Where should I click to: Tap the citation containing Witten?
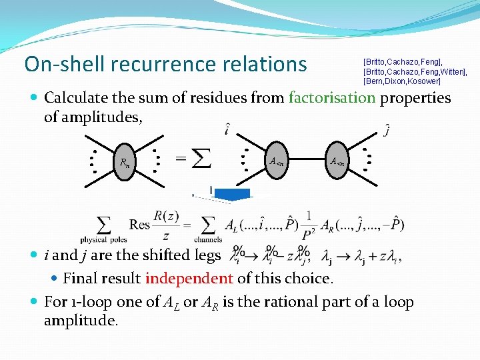pos(415,71)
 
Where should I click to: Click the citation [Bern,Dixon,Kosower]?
pos(401,81)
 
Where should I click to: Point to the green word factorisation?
pos(332,98)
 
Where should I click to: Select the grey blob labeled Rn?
pos(125,161)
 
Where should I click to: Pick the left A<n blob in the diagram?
pos(277,160)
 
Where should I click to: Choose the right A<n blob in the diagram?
pos(337,160)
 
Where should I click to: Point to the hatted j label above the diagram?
pos(387,131)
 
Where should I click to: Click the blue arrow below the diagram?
pos(232,194)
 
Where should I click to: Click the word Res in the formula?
pos(140,224)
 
